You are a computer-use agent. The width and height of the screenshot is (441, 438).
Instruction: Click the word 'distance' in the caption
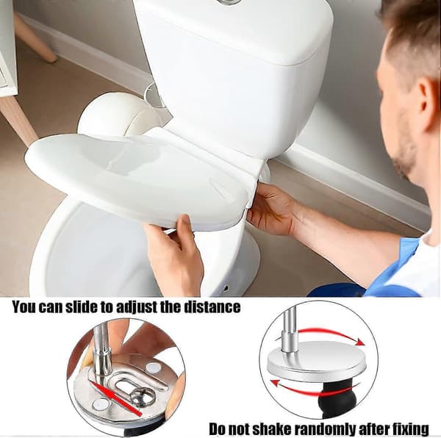pyautogui.click(x=212, y=307)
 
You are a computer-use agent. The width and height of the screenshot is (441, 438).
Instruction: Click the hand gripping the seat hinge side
pyautogui.click(x=271, y=209)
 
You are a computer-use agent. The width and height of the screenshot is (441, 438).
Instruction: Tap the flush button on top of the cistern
pyautogui.click(x=229, y=1)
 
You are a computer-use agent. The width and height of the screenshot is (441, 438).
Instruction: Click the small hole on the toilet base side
pyautogui.click(x=225, y=288)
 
